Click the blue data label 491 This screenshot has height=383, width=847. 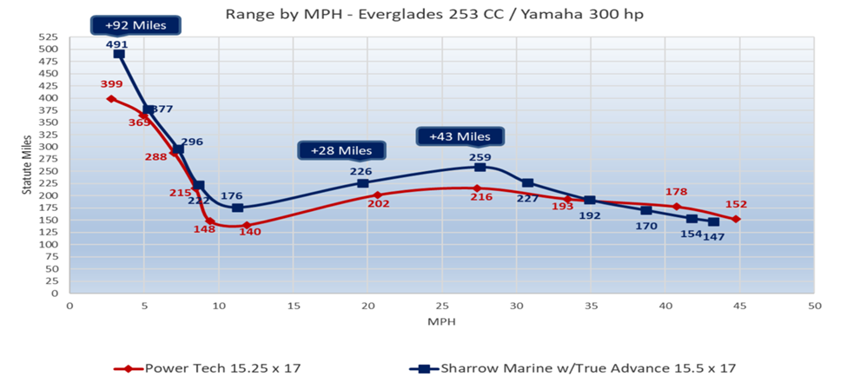[116, 44]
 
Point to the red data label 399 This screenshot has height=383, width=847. [112, 85]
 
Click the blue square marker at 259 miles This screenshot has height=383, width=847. [480, 167]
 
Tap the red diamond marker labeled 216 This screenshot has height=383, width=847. [477, 188]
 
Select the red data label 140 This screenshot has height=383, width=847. [249, 234]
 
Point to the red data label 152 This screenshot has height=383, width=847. [736, 205]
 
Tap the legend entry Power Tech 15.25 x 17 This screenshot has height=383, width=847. [208, 368]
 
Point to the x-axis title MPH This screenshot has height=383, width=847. [440, 321]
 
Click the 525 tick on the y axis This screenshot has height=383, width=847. [47, 37]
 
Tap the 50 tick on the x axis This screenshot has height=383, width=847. [814, 306]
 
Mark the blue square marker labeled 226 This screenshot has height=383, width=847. [363, 183]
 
